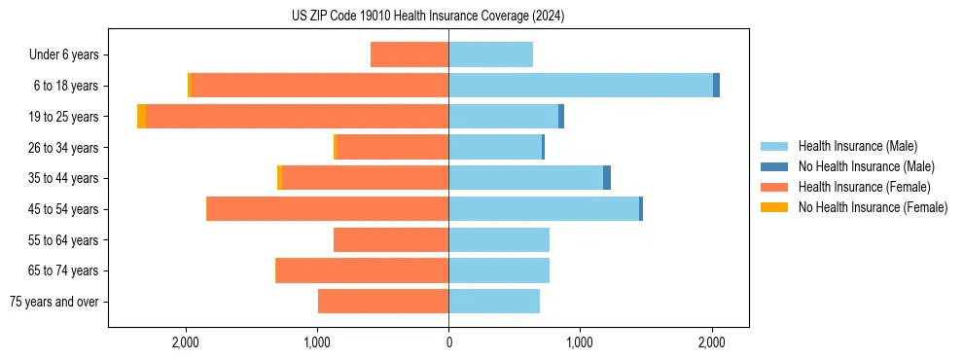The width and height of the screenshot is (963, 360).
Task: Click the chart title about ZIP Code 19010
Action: click(428, 17)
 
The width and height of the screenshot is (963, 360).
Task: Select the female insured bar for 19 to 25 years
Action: click(297, 117)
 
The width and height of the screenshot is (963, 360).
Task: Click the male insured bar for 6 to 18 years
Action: click(581, 86)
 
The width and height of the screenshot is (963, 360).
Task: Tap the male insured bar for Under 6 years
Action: click(490, 54)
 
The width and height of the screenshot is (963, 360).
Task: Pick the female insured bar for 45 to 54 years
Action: click(328, 209)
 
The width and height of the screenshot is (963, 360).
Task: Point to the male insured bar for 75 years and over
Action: click(494, 302)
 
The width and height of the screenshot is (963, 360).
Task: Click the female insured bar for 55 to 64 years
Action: click(391, 240)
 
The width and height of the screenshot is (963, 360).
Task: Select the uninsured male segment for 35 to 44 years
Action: click(607, 178)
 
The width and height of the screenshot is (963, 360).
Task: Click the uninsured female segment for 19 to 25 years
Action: click(142, 117)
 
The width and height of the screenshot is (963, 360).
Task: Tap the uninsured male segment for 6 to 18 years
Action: click(716, 86)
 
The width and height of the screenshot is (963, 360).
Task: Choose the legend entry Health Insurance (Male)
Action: click(852, 146)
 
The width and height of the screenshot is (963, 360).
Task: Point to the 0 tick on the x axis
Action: click(448, 342)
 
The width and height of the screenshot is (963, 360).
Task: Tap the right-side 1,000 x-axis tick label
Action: click(580, 342)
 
